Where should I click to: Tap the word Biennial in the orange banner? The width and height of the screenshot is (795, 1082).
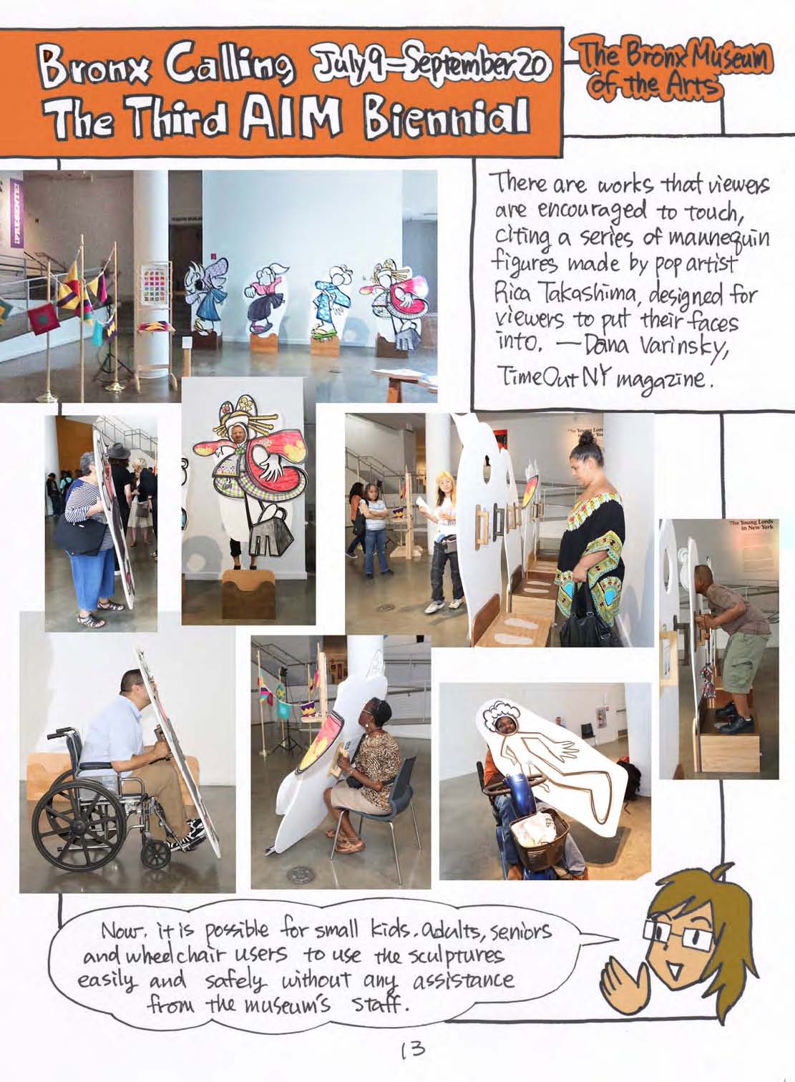(x=445, y=118)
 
